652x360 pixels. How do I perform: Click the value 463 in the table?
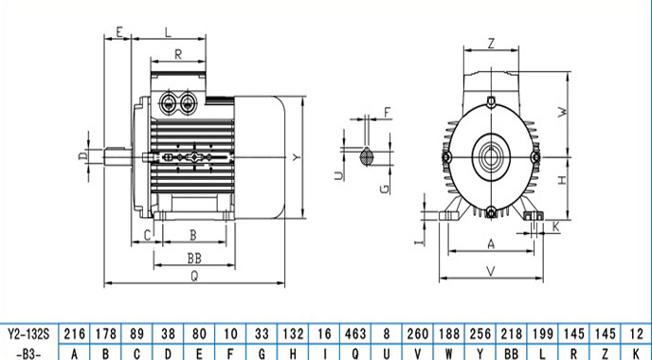point(355,333)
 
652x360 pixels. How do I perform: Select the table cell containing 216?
point(75,333)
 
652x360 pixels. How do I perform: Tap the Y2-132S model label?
point(28,333)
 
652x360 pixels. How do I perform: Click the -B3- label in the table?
point(28,354)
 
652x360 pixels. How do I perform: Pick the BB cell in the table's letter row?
point(511,353)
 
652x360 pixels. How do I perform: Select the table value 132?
point(293,333)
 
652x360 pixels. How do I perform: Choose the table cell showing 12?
point(636,333)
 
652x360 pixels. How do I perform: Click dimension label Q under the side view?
point(194,277)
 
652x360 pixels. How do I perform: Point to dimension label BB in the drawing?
point(194,259)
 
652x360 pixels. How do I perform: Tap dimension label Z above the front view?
point(491,44)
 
